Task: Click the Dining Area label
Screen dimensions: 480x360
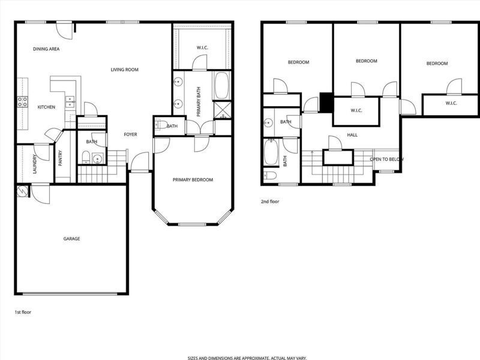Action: [x=46, y=49]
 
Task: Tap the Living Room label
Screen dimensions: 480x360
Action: [x=125, y=70]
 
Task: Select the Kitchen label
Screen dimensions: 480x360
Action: [x=46, y=107]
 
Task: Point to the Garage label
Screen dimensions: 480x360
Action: [x=71, y=239]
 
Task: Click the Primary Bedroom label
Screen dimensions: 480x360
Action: [x=193, y=179]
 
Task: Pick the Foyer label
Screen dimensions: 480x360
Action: [x=130, y=134]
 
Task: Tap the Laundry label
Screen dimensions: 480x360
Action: [x=35, y=164]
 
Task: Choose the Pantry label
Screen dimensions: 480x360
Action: [x=60, y=158]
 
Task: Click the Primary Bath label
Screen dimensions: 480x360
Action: [x=199, y=101]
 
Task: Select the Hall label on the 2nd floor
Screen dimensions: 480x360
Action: [x=352, y=135]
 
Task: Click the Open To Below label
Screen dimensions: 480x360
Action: [x=387, y=160]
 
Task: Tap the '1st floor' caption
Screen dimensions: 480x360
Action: [x=23, y=312]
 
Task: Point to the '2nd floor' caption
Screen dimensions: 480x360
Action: [x=270, y=202]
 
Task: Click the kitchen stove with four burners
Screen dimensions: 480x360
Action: [x=22, y=102]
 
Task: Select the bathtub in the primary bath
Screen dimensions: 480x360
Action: [x=221, y=85]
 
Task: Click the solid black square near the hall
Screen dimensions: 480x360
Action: [x=326, y=102]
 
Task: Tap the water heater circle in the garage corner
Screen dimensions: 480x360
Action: [x=22, y=191]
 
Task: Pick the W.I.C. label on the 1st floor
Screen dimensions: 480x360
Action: [x=202, y=48]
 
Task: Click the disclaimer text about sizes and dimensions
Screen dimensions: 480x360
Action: [x=247, y=358]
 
